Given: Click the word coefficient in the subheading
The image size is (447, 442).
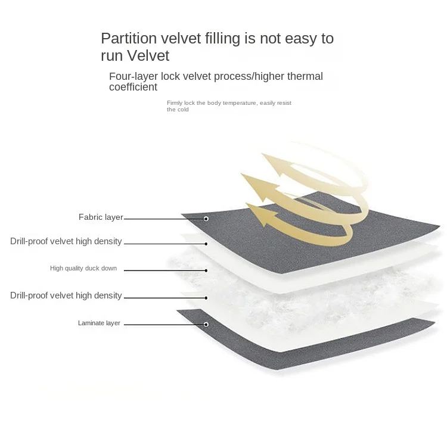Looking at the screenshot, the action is pyautogui.click(x=133, y=87).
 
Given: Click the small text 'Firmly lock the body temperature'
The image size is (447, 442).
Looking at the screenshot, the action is pyautogui.click(x=212, y=103).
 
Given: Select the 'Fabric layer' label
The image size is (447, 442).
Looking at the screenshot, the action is pyautogui.click(x=100, y=217).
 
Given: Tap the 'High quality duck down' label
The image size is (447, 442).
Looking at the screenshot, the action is pyautogui.click(x=83, y=269).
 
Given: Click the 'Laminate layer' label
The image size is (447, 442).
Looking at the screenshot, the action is pyautogui.click(x=99, y=323).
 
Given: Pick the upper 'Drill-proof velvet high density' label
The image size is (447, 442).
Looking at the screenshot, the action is pyautogui.click(x=66, y=241).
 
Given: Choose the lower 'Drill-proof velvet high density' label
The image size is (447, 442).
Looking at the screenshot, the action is pyautogui.click(x=66, y=295).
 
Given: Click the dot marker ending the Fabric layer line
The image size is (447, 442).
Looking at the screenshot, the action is pyautogui.click(x=206, y=219).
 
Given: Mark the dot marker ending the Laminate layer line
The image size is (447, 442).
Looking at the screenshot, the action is pyautogui.click(x=206, y=325).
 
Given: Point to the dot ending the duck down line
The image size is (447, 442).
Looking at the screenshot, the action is pyautogui.click(x=206, y=270).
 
